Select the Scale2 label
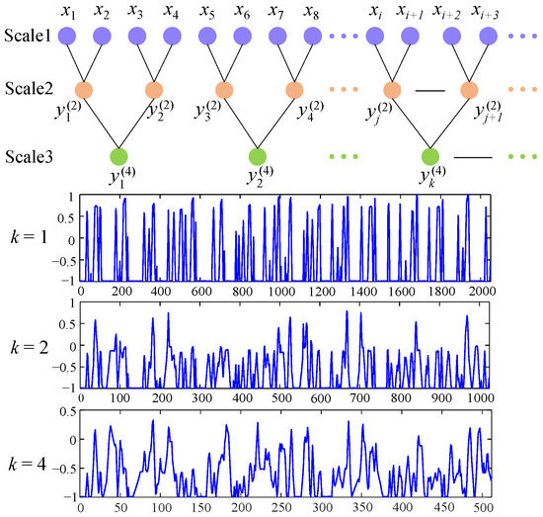pyautogui.click(x=29, y=88)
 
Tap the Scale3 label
pyautogui.click(x=29, y=156)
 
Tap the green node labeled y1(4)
pyautogui.click(x=119, y=156)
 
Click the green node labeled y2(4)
pyautogui.click(x=258, y=156)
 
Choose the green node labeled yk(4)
pyautogui.click(x=429, y=156)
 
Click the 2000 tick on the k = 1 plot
pyautogui.click(x=482, y=293)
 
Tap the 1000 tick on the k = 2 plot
pyautogui.click(x=482, y=397)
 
